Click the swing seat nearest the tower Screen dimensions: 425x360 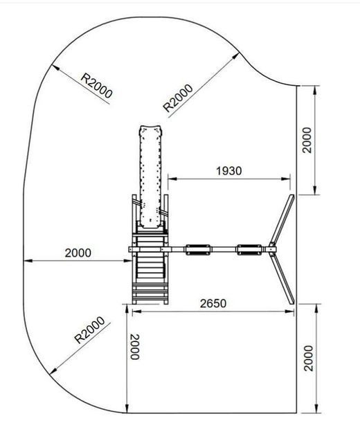(197, 250)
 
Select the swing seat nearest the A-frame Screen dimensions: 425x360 (249, 250)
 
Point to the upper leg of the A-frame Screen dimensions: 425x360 (282, 218)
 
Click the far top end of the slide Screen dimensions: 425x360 (152, 129)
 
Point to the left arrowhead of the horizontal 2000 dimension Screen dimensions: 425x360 (26, 261)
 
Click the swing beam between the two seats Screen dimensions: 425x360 (222, 250)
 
